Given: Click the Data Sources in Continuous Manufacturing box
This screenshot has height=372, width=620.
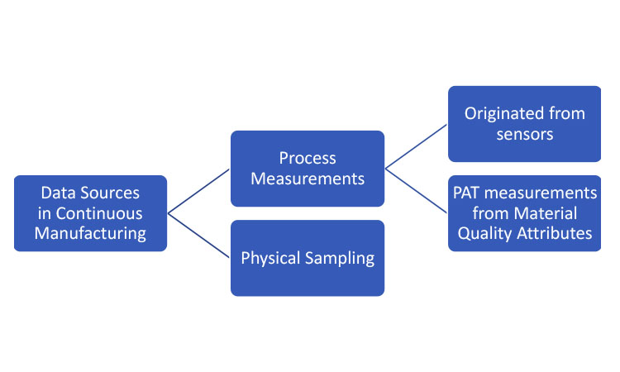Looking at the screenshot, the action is coord(91,213).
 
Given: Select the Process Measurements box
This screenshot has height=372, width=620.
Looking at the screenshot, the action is coord(308,169).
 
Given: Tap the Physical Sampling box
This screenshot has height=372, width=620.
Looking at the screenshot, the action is coord(308,258).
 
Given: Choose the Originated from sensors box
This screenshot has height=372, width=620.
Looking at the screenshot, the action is coord(524,124).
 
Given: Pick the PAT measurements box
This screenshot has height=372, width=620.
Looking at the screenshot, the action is coord(524,213).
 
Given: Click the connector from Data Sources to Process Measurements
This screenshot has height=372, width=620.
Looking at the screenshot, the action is coord(199,191).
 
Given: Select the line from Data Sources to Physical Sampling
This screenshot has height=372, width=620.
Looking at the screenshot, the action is coord(199,236).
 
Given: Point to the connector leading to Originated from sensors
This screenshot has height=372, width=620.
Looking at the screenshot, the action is coord(417,146).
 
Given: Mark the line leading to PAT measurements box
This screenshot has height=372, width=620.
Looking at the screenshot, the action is coord(417,191).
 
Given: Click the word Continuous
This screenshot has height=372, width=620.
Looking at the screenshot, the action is coord(99,213).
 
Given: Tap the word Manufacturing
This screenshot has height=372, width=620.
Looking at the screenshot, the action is coord(90,233).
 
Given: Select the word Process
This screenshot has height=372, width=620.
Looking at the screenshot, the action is coord(308,158).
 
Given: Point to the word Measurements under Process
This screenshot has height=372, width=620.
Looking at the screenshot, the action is coord(308,179).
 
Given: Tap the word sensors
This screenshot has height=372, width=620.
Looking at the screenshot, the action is coord(525,135).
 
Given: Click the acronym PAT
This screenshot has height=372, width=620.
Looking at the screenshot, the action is coord(466,193).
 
